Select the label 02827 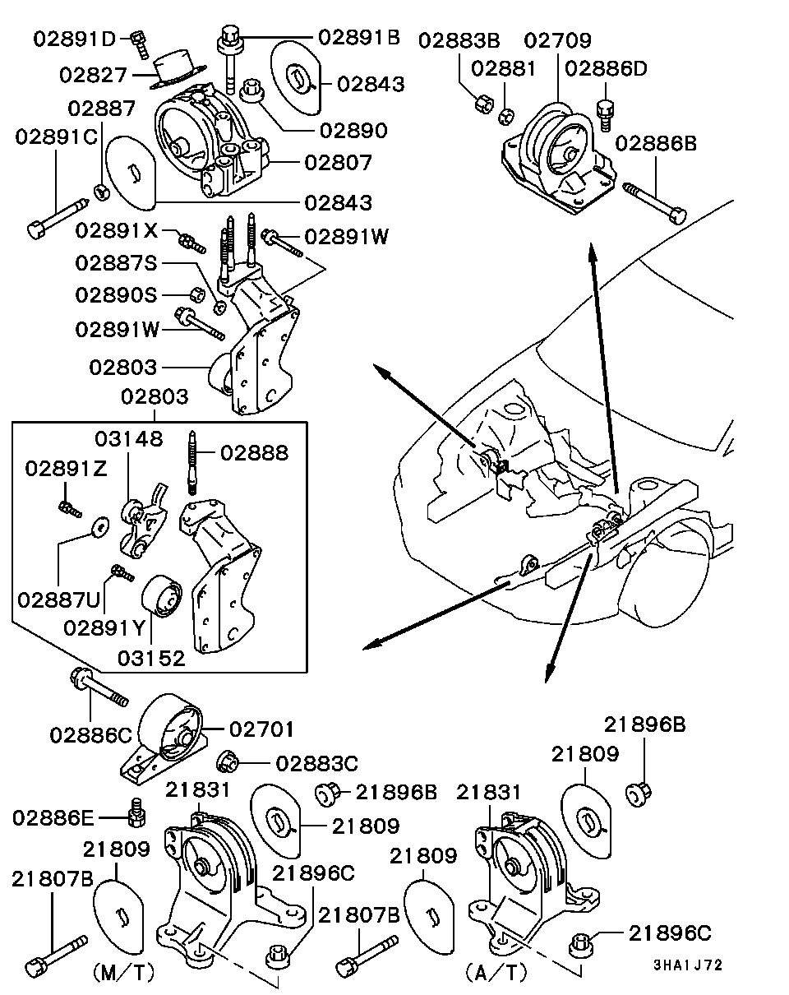coord(93,75)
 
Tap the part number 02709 coord(558,39)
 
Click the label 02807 coord(338,162)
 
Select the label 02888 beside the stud coord(254,452)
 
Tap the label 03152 coord(152,657)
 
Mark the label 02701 coord(261,729)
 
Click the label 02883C coord(316,763)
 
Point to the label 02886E coord(54,817)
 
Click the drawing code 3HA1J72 coord(689,965)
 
